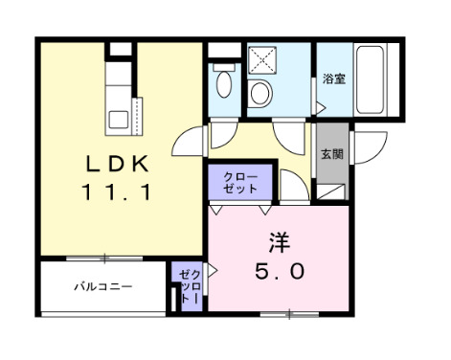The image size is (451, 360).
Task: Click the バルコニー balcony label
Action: [x=102, y=285]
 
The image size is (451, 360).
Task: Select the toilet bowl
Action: [x=222, y=83]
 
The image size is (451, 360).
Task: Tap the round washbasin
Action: [x=259, y=94]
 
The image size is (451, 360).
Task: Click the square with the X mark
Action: [x=259, y=60]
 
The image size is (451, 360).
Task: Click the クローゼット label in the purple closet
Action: [x=240, y=183]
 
